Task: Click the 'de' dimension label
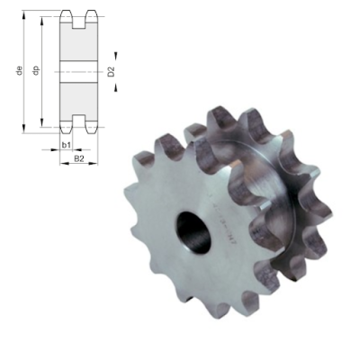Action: (x=19, y=71)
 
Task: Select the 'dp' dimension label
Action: (x=36, y=71)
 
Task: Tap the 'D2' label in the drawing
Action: (x=111, y=71)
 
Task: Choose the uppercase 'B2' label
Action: (x=78, y=159)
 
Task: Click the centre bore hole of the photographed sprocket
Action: (x=193, y=229)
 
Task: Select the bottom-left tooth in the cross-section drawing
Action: (x=67, y=125)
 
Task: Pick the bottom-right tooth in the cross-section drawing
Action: (x=89, y=125)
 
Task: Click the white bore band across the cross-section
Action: (x=78, y=71)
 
